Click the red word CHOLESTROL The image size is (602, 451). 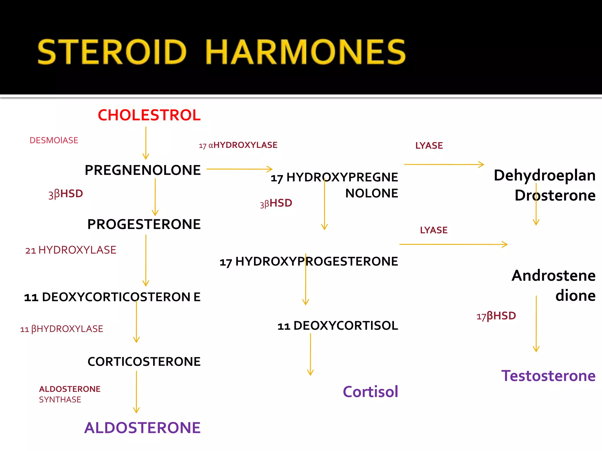[x=149, y=115]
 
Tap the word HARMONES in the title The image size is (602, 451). [x=305, y=52]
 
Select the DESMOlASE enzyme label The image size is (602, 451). [x=54, y=140]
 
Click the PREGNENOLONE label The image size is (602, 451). [x=143, y=170]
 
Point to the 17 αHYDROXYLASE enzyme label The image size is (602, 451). [x=238, y=145]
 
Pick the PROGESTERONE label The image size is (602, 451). [x=144, y=224]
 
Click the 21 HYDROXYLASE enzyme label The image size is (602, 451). [x=71, y=250]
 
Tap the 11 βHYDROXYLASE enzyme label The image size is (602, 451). [x=61, y=329]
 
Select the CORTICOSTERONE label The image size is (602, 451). [x=144, y=362]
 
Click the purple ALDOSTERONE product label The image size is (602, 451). [x=142, y=428]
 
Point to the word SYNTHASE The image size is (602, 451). [x=60, y=400]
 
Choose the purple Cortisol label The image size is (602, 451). [x=370, y=392]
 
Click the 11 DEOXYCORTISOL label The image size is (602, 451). [x=338, y=326]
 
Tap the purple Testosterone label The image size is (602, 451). [x=548, y=376]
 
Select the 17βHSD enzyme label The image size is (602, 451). [x=496, y=316]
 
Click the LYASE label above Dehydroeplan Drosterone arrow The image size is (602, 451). [x=429, y=146]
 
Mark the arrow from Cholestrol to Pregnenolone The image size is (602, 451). [x=146, y=143]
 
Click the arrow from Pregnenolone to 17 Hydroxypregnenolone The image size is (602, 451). [x=239, y=169]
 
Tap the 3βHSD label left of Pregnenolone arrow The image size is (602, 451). [x=66, y=194]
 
